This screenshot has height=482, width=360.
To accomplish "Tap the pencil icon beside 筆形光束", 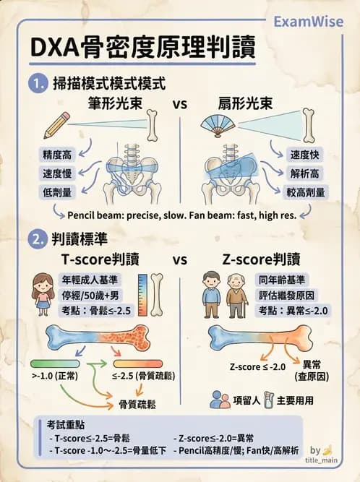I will [x=56, y=125].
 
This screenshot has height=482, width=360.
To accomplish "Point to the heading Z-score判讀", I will [x=262, y=259].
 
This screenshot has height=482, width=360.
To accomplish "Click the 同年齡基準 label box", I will [x=281, y=280].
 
